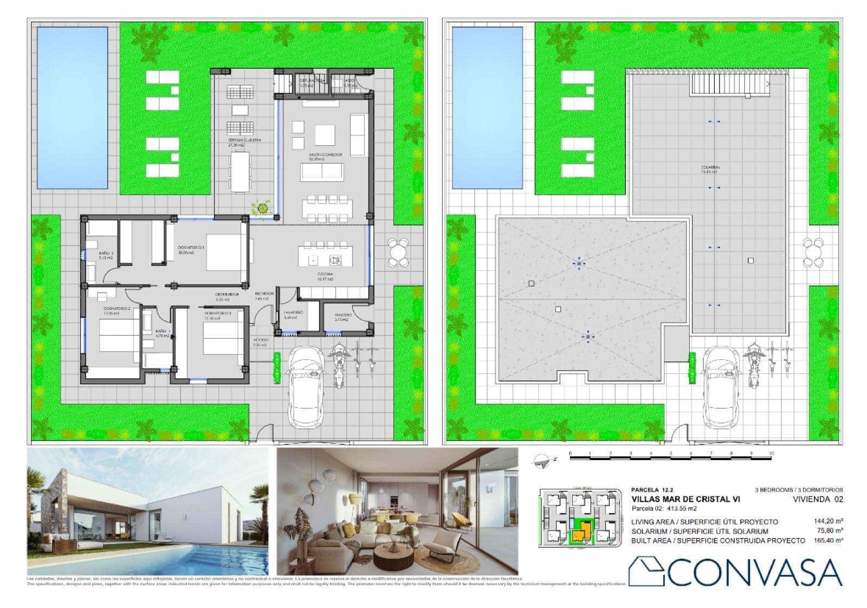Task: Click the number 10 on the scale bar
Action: click(x=771, y=454)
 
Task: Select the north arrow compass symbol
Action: click(x=542, y=460)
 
